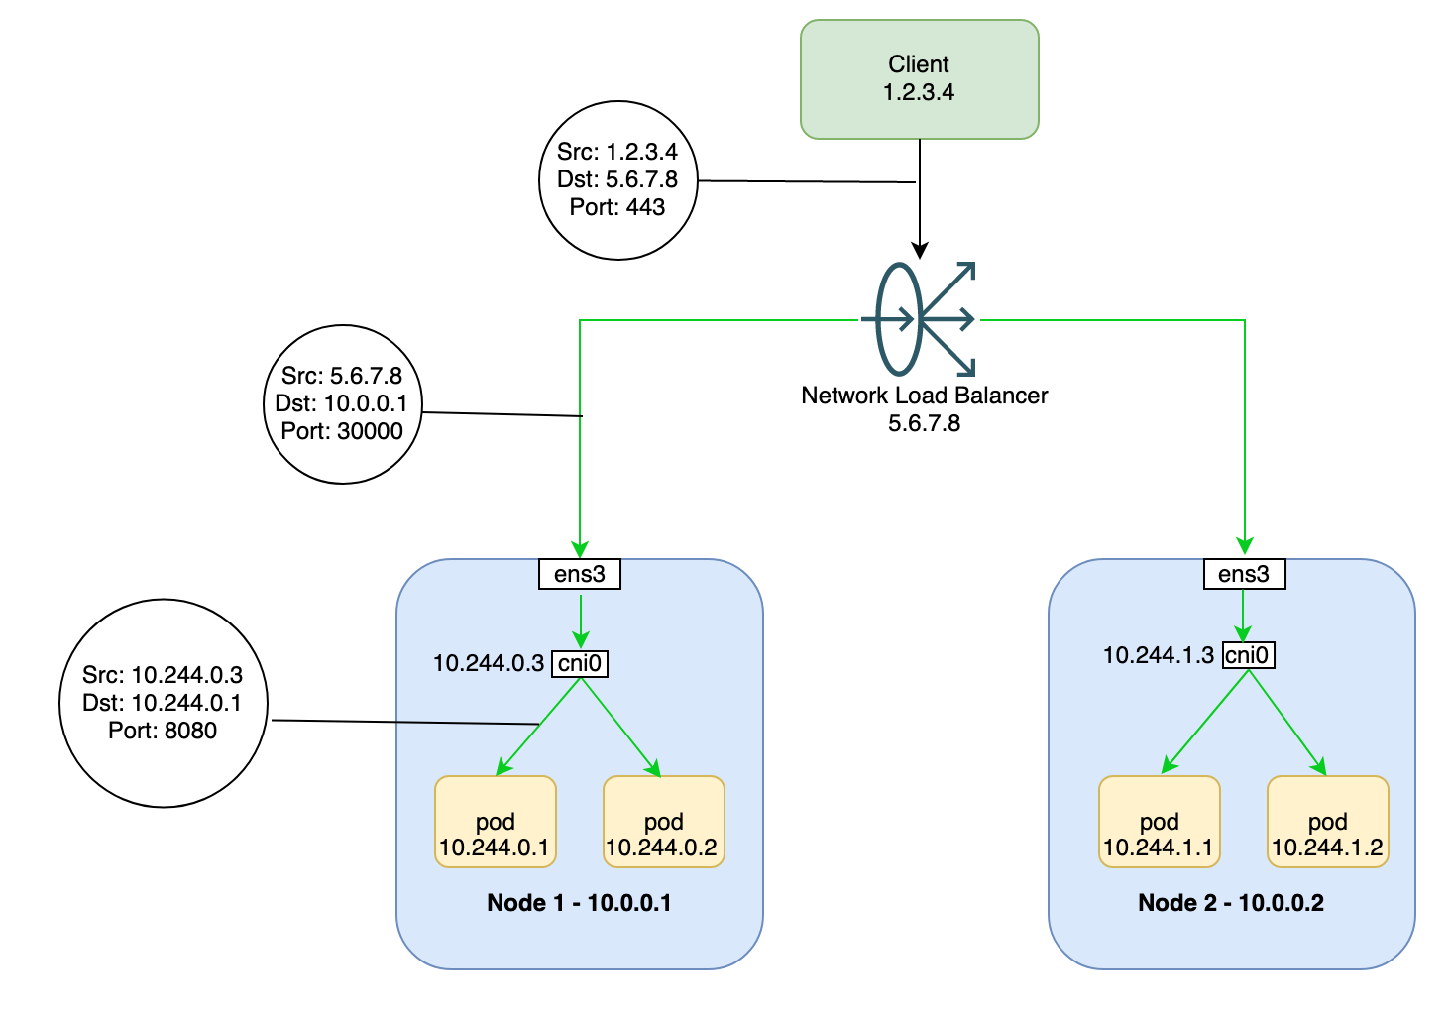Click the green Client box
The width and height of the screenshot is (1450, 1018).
coord(919,79)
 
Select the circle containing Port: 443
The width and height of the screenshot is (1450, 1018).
coord(618,180)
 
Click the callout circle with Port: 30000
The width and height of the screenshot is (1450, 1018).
coord(343,404)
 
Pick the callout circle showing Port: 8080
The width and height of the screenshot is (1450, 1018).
coord(164,703)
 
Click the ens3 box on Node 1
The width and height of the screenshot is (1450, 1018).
coord(580,574)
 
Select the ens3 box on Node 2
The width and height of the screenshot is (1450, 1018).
coord(1244,574)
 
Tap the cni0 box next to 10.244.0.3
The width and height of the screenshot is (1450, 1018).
coord(580,663)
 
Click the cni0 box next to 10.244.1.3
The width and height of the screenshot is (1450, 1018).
coord(1248,655)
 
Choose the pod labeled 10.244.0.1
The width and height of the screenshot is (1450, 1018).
coord(495,823)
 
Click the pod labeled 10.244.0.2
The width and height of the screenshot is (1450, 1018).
coord(663,823)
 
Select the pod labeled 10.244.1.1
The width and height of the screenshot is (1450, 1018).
coord(1159,823)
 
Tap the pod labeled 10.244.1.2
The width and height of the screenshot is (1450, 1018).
coord(1327,823)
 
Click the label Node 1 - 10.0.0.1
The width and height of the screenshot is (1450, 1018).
coord(579,903)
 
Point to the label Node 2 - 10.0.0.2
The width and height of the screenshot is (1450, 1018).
coord(1231,903)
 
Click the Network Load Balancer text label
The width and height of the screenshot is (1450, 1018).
coord(924,396)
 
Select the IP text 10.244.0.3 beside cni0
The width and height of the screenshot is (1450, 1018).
coord(489,663)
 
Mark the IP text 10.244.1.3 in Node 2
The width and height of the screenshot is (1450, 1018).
coord(1159,655)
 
